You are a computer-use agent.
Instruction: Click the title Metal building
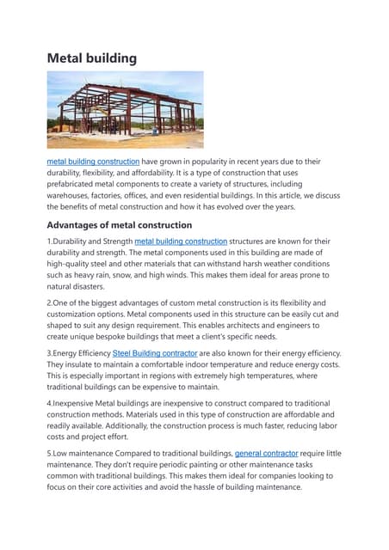pos(91,58)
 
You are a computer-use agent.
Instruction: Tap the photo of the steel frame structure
pos(125,110)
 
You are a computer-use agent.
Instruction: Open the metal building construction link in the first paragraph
pos(93,161)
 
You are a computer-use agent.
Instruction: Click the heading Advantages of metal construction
pos(131,225)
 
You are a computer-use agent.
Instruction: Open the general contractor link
pos(267,452)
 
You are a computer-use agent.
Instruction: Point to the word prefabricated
pos(76,185)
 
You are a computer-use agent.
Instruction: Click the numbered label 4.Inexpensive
pos(78,402)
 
